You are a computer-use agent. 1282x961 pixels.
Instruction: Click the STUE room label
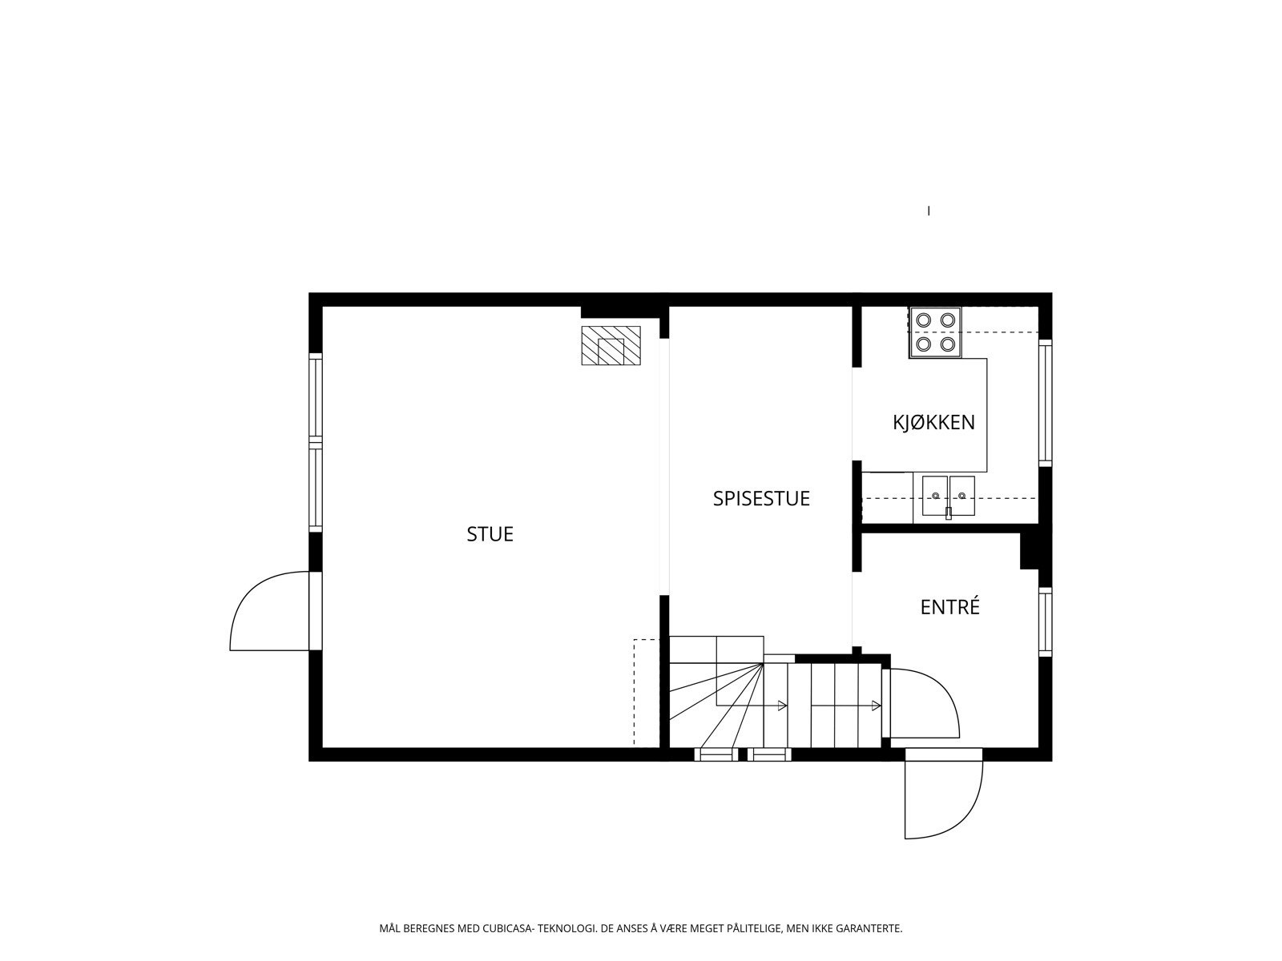[490, 534]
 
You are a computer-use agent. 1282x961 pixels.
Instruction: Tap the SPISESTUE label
[761, 498]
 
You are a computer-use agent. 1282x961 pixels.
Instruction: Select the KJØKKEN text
[933, 422]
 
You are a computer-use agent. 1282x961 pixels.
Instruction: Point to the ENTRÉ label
[949, 607]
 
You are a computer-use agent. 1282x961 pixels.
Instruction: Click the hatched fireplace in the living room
[611, 345]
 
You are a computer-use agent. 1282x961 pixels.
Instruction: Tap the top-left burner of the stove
[923, 320]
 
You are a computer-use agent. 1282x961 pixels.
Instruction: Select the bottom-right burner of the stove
[948, 344]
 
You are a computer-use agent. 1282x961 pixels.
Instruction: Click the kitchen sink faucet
[949, 513]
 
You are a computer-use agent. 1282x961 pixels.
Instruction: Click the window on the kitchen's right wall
[1045, 403]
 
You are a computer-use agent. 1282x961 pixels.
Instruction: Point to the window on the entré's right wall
[1045, 621]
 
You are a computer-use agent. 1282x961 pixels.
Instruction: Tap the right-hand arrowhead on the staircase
[877, 706]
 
